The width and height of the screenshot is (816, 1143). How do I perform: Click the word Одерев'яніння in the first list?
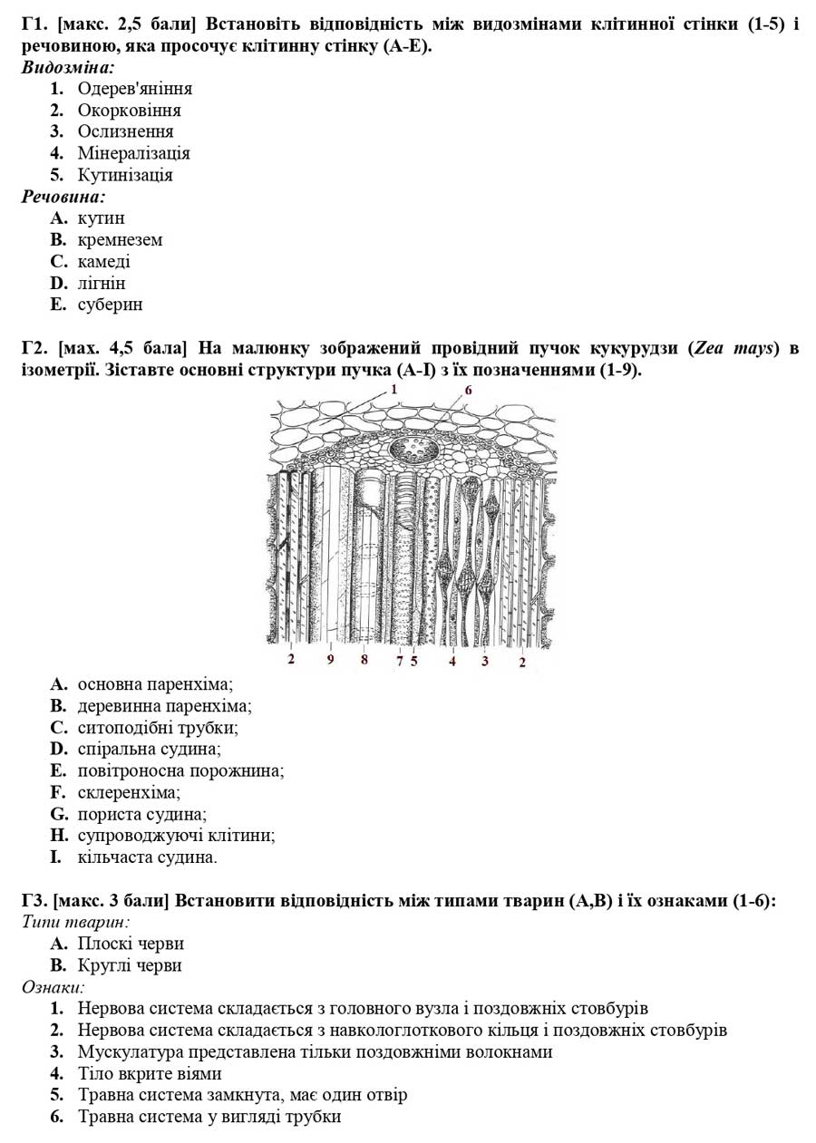click(134, 89)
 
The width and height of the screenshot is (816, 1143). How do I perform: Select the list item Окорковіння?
click(129, 111)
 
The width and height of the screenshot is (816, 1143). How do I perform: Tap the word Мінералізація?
click(133, 153)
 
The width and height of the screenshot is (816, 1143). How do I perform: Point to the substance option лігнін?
click(102, 283)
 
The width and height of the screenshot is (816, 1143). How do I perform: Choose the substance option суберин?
click(110, 305)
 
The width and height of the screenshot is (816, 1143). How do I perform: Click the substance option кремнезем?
click(120, 240)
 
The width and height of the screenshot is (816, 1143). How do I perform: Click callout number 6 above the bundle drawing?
click(468, 390)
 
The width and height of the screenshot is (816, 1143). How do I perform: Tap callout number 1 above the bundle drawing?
click(393, 389)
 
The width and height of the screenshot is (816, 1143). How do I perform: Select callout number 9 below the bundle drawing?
click(330, 660)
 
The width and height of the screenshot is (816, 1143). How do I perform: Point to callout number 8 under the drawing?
click(364, 660)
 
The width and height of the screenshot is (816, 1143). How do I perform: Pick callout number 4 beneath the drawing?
click(452, 661)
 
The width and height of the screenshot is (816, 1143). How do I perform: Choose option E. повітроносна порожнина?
click(180, 770)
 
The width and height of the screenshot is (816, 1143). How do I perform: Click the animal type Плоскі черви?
click(131, 944)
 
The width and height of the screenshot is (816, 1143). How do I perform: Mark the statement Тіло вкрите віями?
click(150, 1074)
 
